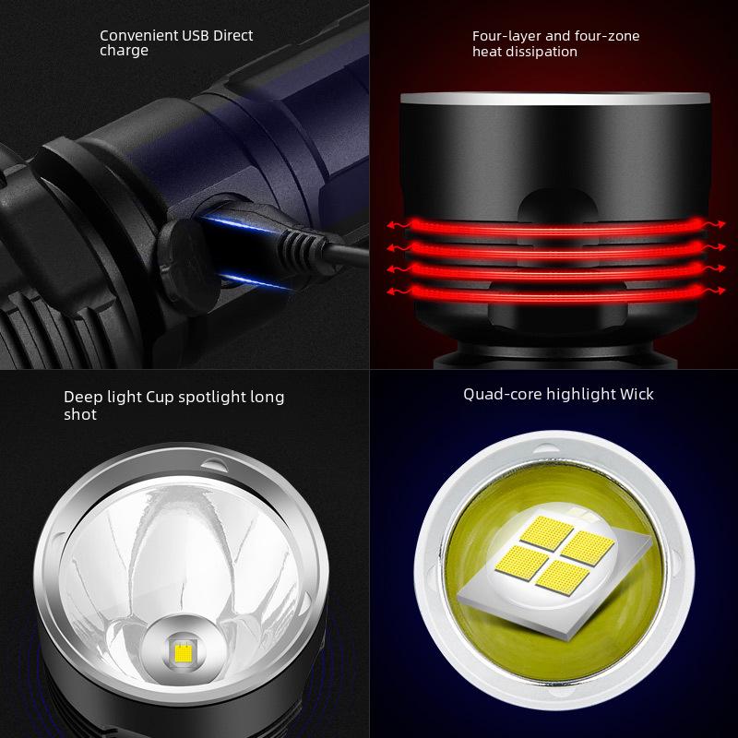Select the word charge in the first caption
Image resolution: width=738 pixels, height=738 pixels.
(x=124, y=51)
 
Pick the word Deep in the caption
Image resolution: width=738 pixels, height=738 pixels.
(x=80, y=397)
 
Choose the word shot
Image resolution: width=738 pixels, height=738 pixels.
(x=80, y=415)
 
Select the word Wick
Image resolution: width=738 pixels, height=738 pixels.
(x=637, y=394)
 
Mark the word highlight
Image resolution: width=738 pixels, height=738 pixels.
(x=580, y=394)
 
